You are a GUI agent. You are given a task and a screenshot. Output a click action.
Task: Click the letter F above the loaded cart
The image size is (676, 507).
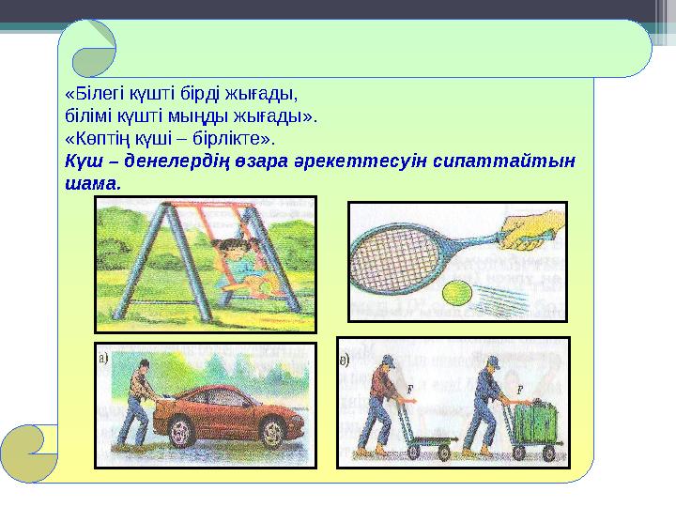[519, 387]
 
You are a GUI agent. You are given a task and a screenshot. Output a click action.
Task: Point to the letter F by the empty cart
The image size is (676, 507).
[410, 387]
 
